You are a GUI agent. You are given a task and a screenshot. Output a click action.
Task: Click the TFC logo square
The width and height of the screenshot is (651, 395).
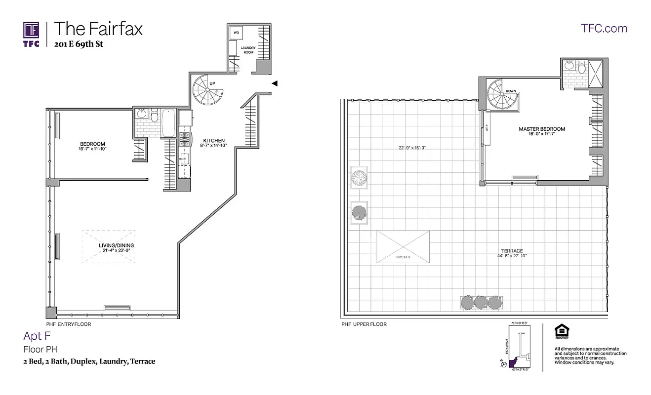(31, 29)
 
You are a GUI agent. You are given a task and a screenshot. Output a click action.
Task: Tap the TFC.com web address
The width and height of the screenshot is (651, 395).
(604, 28)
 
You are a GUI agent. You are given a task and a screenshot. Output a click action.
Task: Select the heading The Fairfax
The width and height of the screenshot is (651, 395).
(98, 29)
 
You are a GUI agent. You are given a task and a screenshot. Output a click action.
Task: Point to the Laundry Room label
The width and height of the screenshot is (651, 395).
(247, 50)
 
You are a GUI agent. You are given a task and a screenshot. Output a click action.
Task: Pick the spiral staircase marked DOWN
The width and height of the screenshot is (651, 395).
(500, 96)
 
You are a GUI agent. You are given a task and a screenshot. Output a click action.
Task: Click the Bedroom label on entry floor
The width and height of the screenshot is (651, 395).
(92, 144)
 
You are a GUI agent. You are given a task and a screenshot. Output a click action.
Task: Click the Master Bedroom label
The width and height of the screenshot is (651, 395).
(541, 129)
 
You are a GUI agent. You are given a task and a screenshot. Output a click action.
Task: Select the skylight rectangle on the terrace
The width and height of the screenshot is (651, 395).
(403, 246)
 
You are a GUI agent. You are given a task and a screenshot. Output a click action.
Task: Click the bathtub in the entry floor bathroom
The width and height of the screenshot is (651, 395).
(168, 123)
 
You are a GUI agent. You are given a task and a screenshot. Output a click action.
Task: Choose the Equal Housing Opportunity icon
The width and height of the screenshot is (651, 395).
(561, 331)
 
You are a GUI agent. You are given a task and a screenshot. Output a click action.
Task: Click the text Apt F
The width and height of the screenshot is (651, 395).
(37, 336)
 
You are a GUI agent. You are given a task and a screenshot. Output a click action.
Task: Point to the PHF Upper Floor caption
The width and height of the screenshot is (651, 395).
(364, 324)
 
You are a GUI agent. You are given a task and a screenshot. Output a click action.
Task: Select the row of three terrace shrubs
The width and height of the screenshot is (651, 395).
(481, 302)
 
